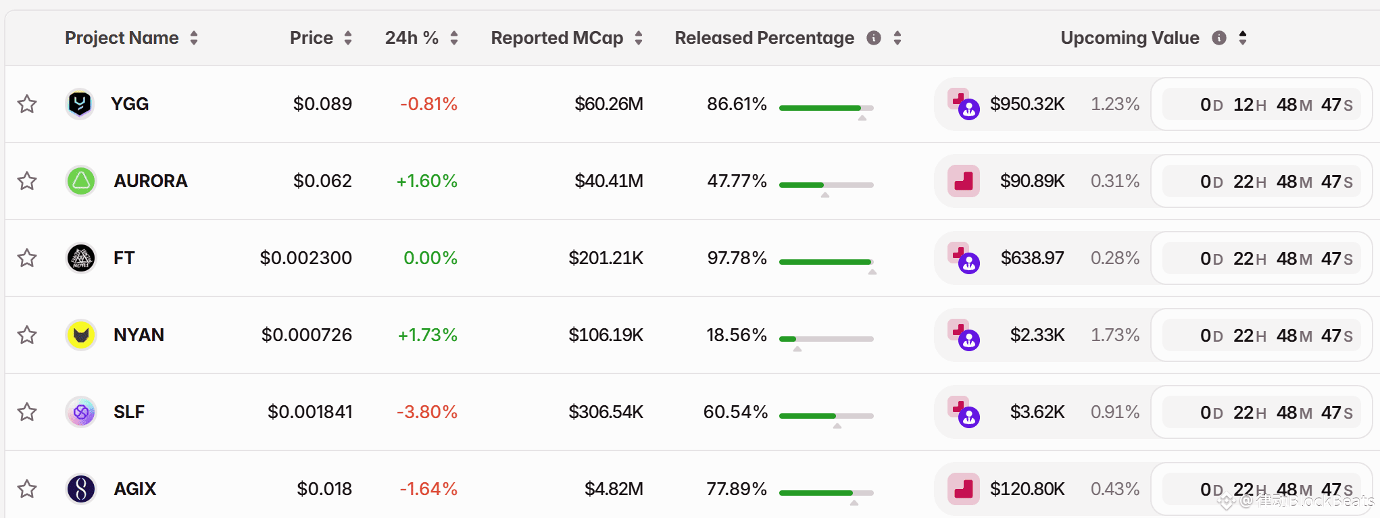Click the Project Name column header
click(x=122, y=38)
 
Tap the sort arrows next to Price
click(x=348, y=38)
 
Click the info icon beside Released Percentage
click(x=874, y=38)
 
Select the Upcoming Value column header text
click(x=1130, y=38)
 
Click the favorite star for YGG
click(x=27, y=104)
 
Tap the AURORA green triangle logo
click(x=81, y=181)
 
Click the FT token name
click(x=124, y=258)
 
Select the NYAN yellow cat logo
click(x=81, y=335)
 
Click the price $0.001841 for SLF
click(x=310, y=412)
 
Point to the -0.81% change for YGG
click(x=428, y=104)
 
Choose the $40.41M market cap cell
click(x=608, y=181)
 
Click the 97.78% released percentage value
click(x=737, y=258)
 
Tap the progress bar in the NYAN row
click(x=826, y=338)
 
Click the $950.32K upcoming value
click(x=1027, y=104)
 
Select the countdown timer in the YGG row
click(x=1261, y=105)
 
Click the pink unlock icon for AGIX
click(x=963, y=489)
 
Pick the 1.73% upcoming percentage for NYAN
click(x=1115, y=335)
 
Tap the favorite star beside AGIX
click(x=27, y=489)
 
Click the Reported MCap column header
click(x=557, y=38)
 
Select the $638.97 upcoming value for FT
click(x=1032, y=258)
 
